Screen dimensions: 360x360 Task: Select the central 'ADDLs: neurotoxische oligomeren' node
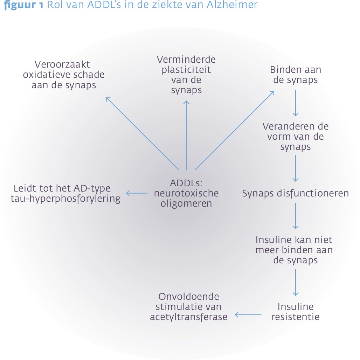(x=186, y=193)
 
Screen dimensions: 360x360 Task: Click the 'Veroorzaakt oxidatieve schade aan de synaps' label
(x=64, y=75)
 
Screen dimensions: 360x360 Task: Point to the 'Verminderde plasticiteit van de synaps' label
(x=186, y=75)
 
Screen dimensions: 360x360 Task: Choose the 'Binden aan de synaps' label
(x=296, y=75)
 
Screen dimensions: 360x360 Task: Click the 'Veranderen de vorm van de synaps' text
(x=296, y=137)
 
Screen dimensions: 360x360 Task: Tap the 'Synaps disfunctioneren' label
(x=296, y=193)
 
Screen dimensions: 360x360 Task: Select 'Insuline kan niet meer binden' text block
(x=294, y=250)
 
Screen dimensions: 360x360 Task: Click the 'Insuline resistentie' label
(x=296, y=312)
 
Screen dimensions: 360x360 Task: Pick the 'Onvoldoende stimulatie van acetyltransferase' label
(x=188, y=307)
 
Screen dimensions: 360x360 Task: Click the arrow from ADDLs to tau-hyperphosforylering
(x=137, y=193)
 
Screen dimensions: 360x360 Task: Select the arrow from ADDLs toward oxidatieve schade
(x=142, y=133)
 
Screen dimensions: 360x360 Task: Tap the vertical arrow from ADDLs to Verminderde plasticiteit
(x=186, y=135)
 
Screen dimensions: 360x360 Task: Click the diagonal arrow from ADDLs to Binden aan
(x=235, y=130)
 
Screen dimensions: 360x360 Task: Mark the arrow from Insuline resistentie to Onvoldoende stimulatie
(x=248, y=314)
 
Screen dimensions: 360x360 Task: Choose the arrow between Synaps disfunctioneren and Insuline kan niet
(x=296, y=216)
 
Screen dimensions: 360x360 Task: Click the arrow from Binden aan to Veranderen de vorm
(x=296, y=103)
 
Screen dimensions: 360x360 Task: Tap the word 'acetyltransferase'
(x=188, y=317)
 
